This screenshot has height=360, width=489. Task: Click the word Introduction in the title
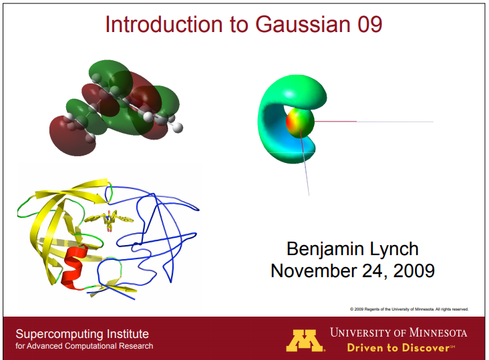coord(156,25)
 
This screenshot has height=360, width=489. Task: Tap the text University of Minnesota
coord(398,332)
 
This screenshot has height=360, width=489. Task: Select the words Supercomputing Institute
coord(82,333)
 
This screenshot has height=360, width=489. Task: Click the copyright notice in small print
coord(409,309)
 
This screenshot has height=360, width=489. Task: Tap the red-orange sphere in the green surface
coord(300,122)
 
